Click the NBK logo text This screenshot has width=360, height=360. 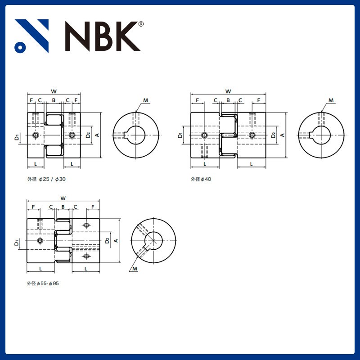click(101, 36)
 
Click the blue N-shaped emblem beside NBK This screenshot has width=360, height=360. click(31, 36)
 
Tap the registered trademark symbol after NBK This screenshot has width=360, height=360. click(141, 24)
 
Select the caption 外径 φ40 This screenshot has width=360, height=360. click(201, 179)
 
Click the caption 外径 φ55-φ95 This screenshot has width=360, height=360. click(43, 284)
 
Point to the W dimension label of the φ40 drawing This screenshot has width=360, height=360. click(228, 91)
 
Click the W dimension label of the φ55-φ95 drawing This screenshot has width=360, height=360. click(63, 198)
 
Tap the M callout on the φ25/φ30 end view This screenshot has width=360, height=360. click(145, 100)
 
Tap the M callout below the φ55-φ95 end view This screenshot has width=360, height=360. click(135, 269)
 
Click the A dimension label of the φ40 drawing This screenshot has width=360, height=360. click(282, 135)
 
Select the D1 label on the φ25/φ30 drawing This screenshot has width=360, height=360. click(16, 136)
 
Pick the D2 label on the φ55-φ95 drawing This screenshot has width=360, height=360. click(107, 241)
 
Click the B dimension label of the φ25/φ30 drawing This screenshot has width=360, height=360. click(54, 100)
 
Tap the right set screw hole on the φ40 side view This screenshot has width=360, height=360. click(252, 135)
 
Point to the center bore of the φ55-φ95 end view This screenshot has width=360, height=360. click(154, 241)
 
